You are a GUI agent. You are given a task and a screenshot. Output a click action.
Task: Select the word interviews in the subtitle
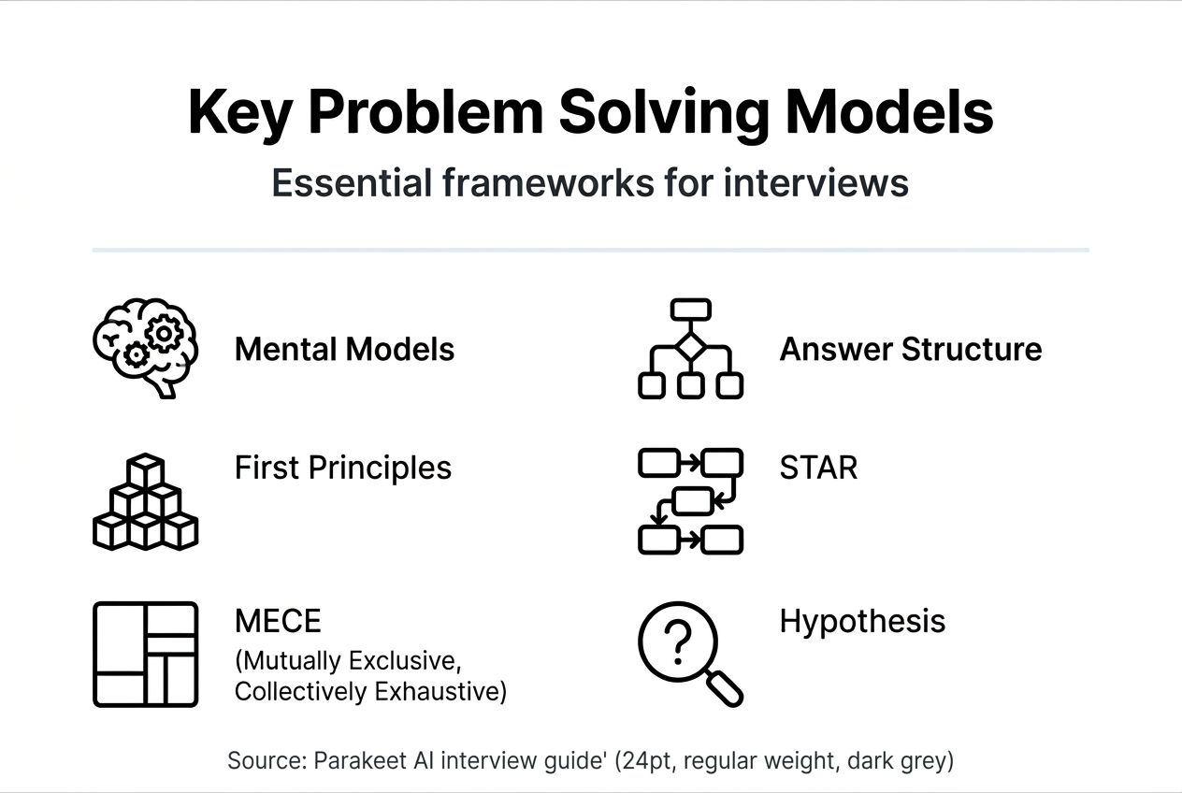click(815, 182)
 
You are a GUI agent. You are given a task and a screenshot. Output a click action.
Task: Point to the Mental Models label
click(344, 350)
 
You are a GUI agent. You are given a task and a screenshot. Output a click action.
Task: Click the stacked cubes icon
click(145, 502)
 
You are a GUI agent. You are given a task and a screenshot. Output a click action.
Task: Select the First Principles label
click(342, 468)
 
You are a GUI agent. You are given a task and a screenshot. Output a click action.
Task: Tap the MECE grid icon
click(145, 654)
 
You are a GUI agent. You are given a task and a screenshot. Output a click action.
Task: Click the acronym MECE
click(278, 621)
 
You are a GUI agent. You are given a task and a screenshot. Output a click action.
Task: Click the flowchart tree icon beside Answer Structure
click(690, 349)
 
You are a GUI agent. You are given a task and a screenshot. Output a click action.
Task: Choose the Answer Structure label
click(910, 350)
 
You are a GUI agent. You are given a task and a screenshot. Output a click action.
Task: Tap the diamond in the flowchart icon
click(690, 347)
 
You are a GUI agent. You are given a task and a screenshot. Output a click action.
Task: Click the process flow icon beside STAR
click(690, 501)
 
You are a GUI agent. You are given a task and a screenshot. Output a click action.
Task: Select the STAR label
click(818, 468)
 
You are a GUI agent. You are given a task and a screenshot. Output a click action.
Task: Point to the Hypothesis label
click(862, 621)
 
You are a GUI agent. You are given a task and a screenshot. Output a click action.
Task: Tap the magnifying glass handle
click(724, 689)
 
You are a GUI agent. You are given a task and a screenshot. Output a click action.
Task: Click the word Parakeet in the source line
click(357, 761)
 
